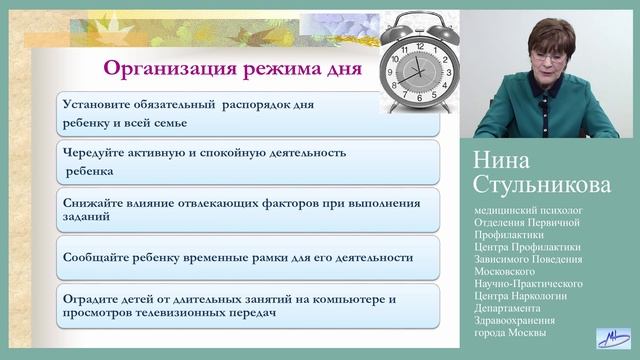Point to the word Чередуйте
tap(98, 153)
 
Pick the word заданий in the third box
tap(88, 219)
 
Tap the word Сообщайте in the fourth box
tap(101, 257)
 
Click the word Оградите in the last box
tap(95, 298)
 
